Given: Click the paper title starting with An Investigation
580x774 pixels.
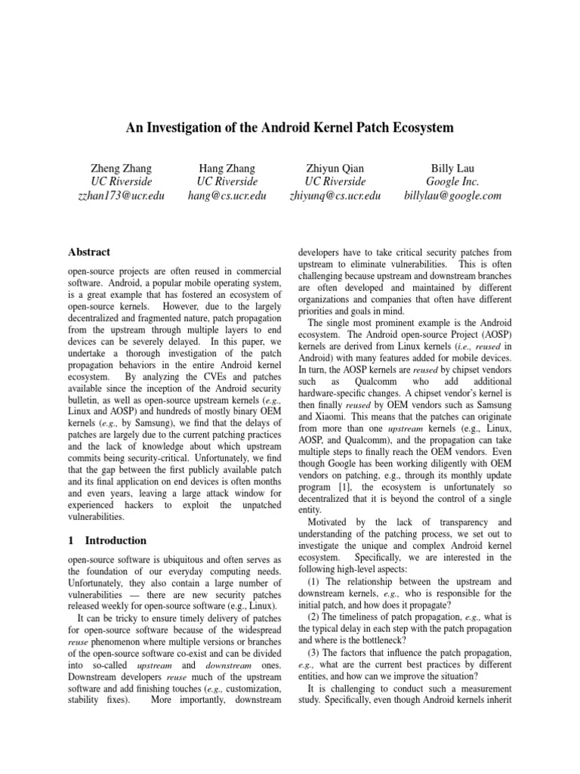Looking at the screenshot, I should coord(289,128).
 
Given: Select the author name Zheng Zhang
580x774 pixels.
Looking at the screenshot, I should coord(122,168).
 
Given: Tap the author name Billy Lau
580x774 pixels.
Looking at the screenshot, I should coord(452,168).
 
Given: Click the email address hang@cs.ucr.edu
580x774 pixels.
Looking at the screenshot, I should coord(227,196).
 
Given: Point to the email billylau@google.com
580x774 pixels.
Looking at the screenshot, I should coord(452,196).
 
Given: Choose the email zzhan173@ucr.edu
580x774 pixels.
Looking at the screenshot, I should coord(122,196).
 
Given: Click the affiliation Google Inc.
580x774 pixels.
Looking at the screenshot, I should coord(452,182).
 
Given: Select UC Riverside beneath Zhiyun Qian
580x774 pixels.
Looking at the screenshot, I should coord(335,182).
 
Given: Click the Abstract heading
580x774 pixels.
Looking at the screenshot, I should coord(90,252).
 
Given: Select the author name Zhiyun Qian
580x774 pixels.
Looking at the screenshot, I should coord(335,168).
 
